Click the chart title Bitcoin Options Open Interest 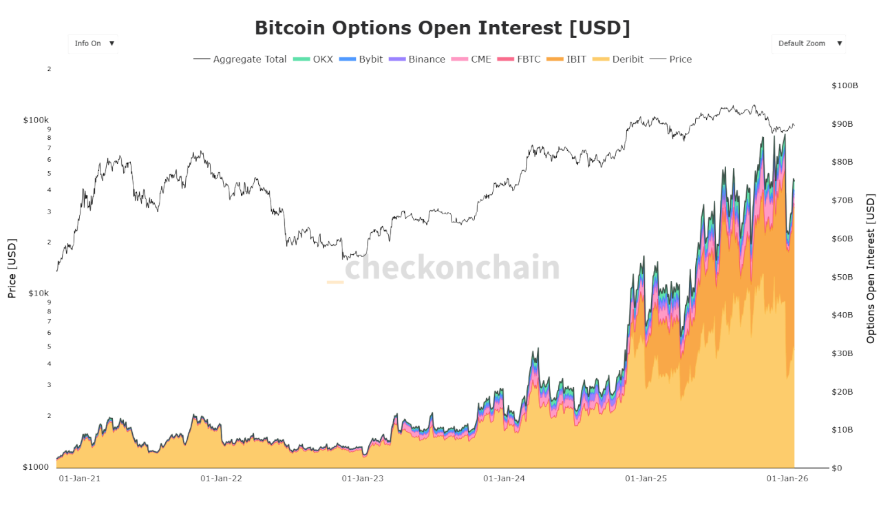(442, 28)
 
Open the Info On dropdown (93, 43)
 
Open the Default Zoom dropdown (809, 43)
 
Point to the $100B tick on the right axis (845, 86)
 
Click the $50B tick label (842, 277)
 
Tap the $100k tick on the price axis (36, 120)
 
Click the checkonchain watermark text (452, 267)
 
